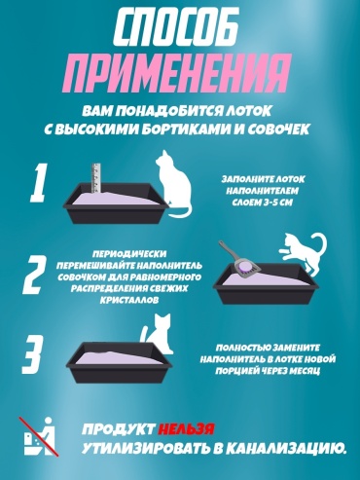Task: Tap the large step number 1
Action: (38, 183)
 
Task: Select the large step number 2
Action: (34, 274)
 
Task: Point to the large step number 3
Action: (33, 355)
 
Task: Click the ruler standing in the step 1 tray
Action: (96, 178)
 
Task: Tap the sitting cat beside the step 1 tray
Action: (173, 184)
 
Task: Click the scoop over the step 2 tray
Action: (240, 260)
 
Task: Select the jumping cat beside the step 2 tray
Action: (303, 252)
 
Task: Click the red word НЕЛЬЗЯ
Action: (186, 429)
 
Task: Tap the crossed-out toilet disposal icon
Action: (38, 436)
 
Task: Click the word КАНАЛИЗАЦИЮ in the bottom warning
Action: (285, 449)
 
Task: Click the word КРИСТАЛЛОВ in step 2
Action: (129, 300)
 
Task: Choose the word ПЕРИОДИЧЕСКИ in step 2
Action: (129, 254)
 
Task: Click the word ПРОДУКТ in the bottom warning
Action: (118, 429)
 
